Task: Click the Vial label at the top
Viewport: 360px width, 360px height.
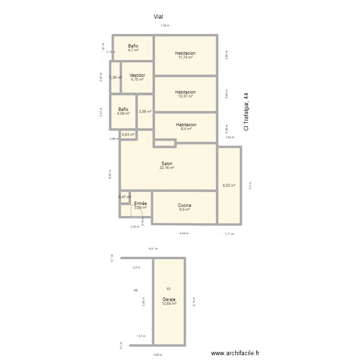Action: pos(158,17)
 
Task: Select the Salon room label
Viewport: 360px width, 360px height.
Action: pos(167,164)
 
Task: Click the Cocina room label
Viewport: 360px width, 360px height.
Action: pos(184,205)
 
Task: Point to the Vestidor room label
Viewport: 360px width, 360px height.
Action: pos(137,75)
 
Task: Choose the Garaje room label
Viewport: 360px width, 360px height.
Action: pos(168,299)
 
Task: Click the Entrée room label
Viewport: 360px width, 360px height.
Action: pos(140,204)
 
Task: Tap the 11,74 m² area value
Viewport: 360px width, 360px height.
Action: pos(185,58)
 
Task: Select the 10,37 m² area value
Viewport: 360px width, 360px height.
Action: pos(185,96)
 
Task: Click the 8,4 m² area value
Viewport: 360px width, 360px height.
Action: pos(186,129)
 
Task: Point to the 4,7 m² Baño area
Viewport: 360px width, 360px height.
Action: pos(133,50)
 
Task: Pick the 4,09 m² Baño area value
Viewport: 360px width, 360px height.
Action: pos(123,114)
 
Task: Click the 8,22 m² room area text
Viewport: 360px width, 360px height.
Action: pos(229,185)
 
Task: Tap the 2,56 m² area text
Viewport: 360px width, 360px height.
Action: pos(145,112)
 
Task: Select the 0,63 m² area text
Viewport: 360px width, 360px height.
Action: pos(128,135)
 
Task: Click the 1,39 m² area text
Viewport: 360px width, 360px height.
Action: pos(115,78)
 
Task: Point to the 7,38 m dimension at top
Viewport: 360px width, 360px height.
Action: pos(165,25)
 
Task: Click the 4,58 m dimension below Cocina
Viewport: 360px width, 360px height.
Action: pos(184,234)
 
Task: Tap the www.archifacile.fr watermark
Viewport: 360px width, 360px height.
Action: pos(235,353)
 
